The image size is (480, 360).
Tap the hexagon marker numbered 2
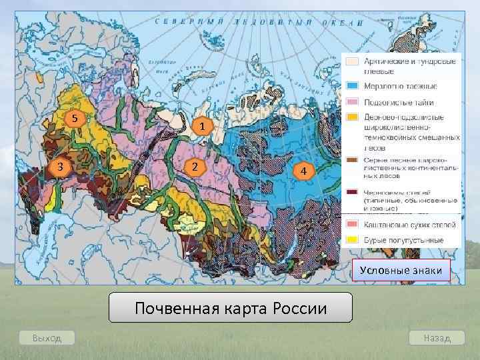click(193, 166)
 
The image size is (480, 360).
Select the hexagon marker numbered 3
click(59, 166)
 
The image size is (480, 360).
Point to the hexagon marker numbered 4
click(303, 172)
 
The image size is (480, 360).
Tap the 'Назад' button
click(437, 338)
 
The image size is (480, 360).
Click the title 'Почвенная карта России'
click(231, 308)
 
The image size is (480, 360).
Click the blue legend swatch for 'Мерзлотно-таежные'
click(352, 87)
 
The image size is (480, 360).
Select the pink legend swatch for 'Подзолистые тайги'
click(352, 102)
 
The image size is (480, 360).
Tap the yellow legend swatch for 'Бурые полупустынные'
click(352, 240)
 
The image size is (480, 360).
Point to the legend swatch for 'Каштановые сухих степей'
click(352, 225)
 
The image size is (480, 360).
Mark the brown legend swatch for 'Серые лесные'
click(352, 160)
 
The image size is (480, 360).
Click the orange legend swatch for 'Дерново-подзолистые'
click(352, 117)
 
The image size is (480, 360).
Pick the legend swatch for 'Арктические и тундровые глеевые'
click(352, 62)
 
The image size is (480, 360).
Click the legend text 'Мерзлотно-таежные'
click(400, 87)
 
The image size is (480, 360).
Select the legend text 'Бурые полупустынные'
click(403, 240)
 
